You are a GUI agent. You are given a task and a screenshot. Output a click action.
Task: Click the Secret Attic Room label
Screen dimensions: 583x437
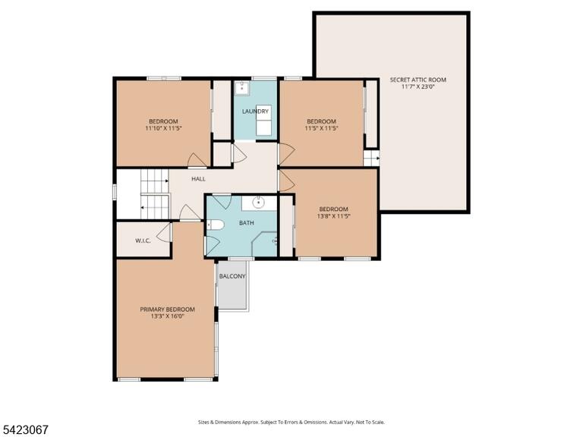pyautogui.click(x=418, y=80)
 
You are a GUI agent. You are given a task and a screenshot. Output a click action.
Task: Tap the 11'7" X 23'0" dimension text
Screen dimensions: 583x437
pyautogui.click(x=418, y=87)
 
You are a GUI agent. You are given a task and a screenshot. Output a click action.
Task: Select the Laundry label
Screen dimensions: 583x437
pyautogui.click(x=255, y=112)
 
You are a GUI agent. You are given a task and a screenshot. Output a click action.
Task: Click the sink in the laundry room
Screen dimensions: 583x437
pyautogui.click(x=242, y=89)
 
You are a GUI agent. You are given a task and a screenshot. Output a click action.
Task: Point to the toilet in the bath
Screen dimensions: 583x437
pyautogui.click(x=216, y=225)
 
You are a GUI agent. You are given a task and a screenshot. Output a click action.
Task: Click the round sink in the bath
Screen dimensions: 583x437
pyautogui.click(x=258, y=203)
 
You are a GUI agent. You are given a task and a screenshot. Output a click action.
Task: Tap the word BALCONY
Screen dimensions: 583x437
pyautogui.click(x=232, y=276)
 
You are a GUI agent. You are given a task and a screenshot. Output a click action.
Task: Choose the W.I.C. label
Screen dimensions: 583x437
pyautogui.click(x=143, y=241)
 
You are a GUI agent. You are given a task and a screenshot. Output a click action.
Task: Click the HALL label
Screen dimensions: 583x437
pyautogui.click(x=199, y=179)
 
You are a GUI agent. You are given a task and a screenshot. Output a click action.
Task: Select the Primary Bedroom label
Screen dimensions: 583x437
pyautogui.click(x=167, y=310)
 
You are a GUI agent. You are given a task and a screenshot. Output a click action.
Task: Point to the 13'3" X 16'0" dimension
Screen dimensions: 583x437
pyautogui.click(x=167, y=316)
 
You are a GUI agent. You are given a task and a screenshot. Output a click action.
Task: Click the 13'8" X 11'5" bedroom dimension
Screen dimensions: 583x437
pyautogui.click(x=334, y=216)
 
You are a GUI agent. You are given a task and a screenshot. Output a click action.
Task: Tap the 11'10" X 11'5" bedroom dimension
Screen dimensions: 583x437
pyautogui.click(x=163, y=128)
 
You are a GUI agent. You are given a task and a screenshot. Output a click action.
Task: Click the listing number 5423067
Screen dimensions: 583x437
pyautogui.click(x=24, y=430)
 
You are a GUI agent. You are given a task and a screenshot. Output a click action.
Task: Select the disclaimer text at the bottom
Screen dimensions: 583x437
pyautogui.click(x=291, y=423)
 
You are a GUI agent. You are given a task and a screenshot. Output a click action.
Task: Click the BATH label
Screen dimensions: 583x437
pyautogui.click(x=247, y=223)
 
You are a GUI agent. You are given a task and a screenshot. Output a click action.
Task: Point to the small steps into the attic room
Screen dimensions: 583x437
pyautogui.click(x=371, y=159)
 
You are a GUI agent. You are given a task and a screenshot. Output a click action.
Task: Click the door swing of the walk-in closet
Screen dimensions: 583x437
pyautogui.click(x=163, y=233)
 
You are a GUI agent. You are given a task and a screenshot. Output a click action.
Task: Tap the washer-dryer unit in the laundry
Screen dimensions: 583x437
pyautogui.click(x=263, y=121)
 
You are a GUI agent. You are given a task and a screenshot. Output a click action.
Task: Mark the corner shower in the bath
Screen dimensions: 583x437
pyautogui.click(x=264, y=244)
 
